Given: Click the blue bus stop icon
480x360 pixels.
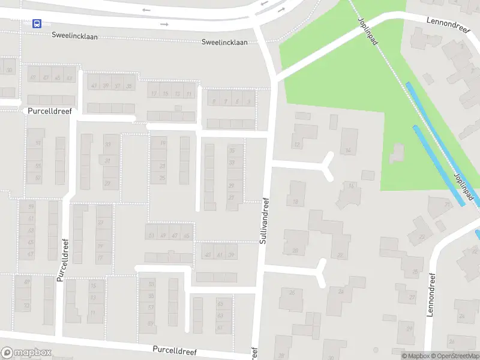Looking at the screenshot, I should (x=37, y=23).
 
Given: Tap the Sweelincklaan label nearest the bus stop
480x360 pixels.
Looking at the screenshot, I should (x=74, y=37).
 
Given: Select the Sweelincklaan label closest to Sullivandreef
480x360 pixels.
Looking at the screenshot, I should (x=224, y=43).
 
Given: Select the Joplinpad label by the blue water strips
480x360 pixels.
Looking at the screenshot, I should (x=464, y=186).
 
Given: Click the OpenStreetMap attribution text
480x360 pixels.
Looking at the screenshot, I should (x=455, y=356).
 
